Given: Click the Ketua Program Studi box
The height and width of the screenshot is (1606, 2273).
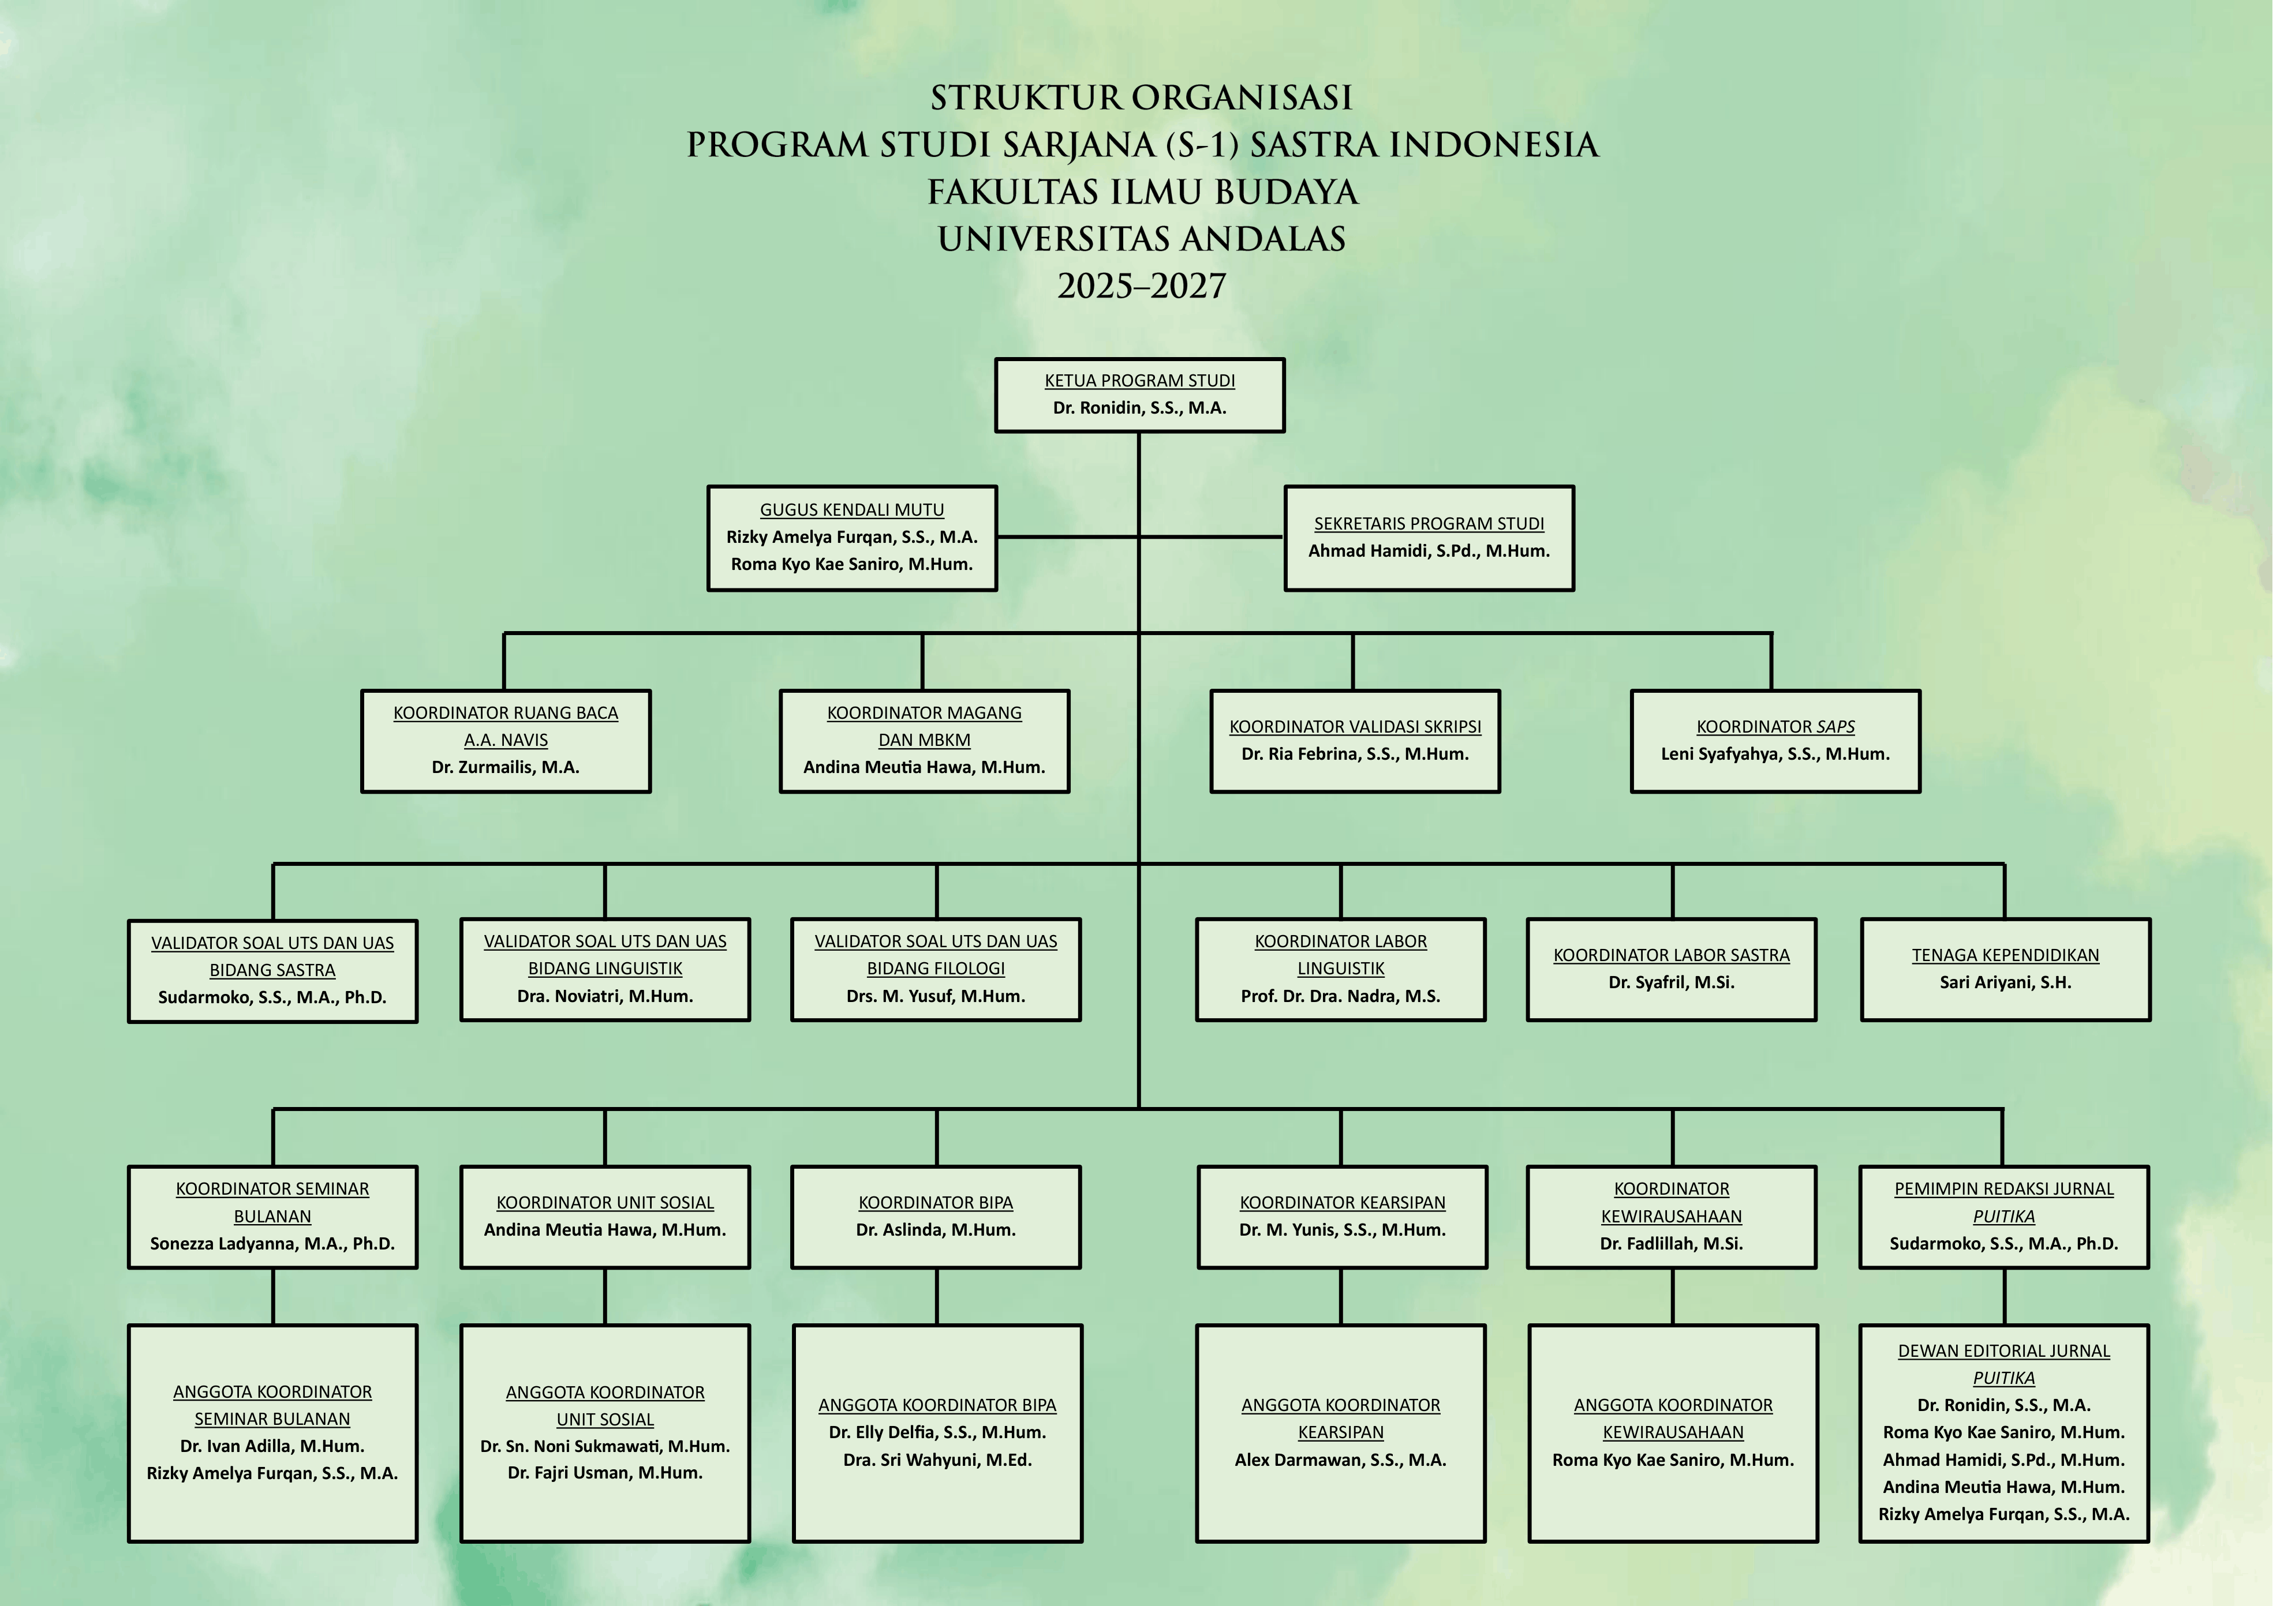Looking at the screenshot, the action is click(1139, 395).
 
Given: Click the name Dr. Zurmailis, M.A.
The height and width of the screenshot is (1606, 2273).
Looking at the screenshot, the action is click(506, 767).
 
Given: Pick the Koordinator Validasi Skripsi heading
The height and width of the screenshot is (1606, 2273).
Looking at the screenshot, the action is click(1355, 726).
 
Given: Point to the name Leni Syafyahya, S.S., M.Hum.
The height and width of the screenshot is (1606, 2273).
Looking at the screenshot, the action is click(1775, 754).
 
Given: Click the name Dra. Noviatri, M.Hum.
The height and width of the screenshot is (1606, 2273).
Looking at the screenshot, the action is click(605, 996).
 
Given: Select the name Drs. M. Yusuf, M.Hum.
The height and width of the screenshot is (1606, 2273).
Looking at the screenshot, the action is click(936, 996).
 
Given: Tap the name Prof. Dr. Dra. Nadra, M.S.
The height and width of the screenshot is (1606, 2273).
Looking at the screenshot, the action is click(1340, 996).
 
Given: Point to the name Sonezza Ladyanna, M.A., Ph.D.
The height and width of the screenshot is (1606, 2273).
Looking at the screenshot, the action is click(272, 1244).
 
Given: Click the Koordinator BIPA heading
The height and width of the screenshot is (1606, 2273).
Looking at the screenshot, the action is click(936, 1202).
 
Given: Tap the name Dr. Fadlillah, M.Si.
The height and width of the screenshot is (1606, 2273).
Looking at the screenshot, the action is click(1671, 1244).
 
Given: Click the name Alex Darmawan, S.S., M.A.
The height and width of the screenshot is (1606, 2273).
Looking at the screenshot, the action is click(1340, 1459).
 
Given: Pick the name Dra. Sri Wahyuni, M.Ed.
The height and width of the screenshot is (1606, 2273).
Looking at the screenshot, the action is click(937, 1459).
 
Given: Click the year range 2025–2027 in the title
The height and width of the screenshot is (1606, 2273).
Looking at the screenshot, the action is click(1142, 286).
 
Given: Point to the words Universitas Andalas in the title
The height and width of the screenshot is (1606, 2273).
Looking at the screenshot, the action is click(1142, 238).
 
